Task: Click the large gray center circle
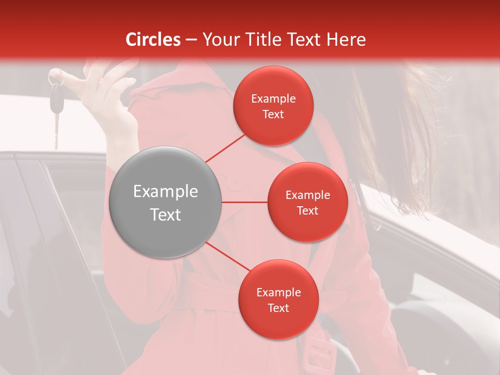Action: point(166,202)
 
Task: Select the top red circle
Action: point(273,106)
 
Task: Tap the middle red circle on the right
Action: point(307,202)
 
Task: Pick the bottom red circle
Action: point(278,299)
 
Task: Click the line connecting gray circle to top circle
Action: point(225,148)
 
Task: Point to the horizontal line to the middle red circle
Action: point(244,202)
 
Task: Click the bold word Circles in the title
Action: point(153,40)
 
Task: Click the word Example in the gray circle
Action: point(166,192)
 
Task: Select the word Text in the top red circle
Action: point(273,114)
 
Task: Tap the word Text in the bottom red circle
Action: point(278,308)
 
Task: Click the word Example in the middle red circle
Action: point(307,195)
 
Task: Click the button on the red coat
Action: point(235,182)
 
